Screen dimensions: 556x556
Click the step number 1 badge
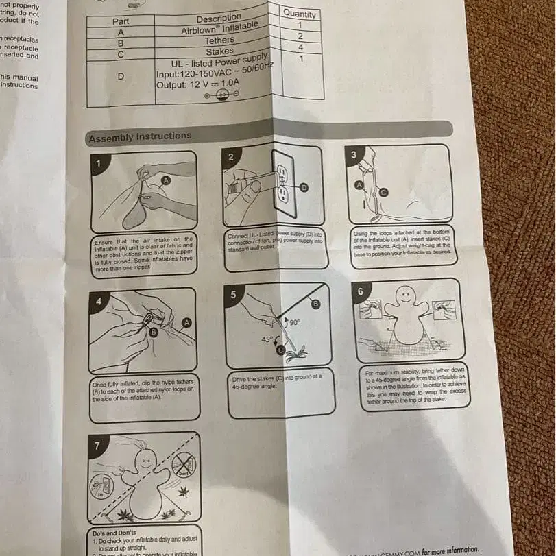click(x=98, y=163)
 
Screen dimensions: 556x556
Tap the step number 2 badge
click(x=231, y=157)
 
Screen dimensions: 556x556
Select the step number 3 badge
click(x=353, y=155)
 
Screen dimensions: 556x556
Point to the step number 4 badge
click(x=98, y=300)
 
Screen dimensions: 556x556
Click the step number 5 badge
click(x=234, y=295)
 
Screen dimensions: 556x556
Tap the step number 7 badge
click(x=97, y=446)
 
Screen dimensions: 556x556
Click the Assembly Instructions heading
click(x=140, y=136)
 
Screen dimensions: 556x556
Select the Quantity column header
click(x=300, y=14)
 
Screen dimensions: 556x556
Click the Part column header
click(x=121, y=21)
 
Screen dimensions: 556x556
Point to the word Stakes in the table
click(x=219, y=51)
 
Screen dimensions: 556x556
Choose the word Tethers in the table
click(x=219, y=40)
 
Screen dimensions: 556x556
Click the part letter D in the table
click(x=121, y=76)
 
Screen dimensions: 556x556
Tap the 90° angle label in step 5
click(x=295, y=322)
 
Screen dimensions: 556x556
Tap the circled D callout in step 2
click(x=304, y=186)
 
